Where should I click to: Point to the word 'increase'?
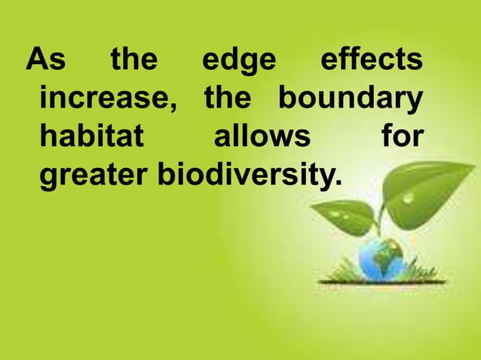(x=106, y=100)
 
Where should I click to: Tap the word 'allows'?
(x=262, y=139)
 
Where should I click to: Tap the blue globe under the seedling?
(x=381, y=260)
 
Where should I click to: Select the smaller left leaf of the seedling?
(x=344, y=215)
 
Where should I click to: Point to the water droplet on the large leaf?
(x=408, y=198)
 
